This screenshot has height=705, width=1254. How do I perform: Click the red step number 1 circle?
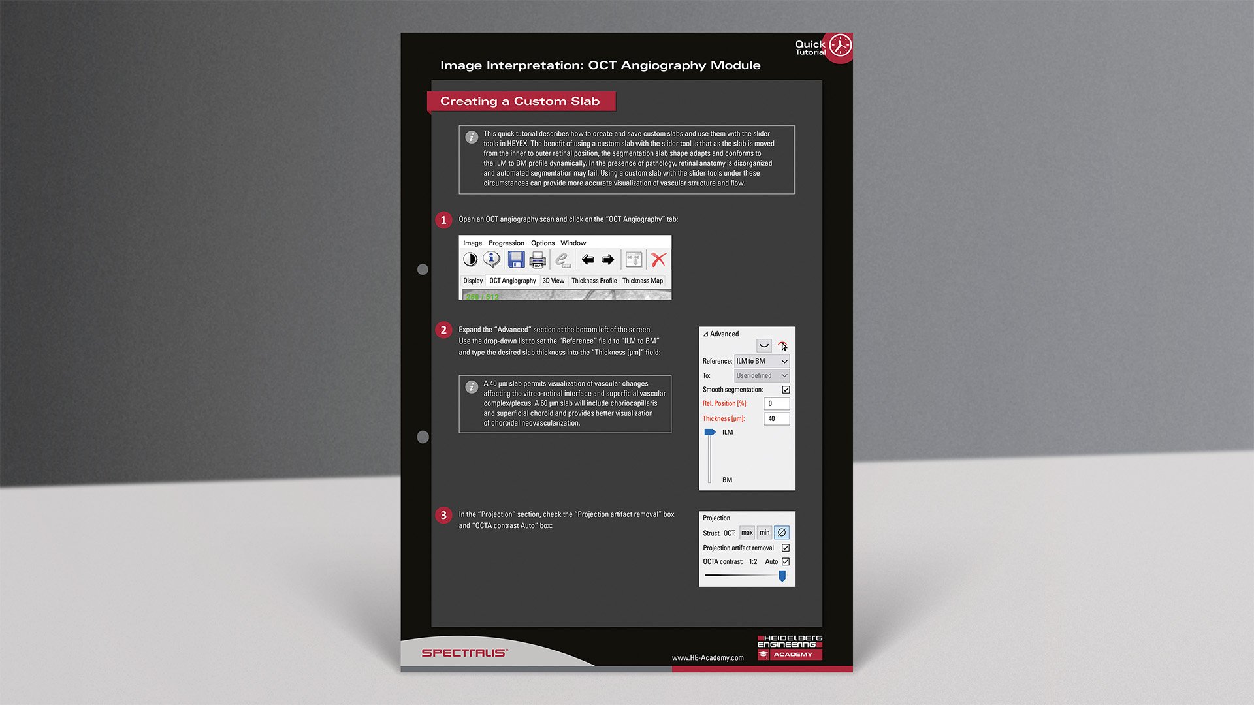[x=443, y=220]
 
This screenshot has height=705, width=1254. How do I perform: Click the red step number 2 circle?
[x=443, y=330]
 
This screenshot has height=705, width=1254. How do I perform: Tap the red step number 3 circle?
[x=443, y=515]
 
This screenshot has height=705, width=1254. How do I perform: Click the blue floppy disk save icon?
[x=516, y=260]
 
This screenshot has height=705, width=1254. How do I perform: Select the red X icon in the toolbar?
[x=658, y=260]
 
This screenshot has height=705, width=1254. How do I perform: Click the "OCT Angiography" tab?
[x=513, y=281]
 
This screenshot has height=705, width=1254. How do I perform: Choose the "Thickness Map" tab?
[x=643, y=281]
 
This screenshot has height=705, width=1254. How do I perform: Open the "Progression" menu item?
[x=506, y=243]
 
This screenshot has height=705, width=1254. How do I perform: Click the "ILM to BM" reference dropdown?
[x=762, y=361]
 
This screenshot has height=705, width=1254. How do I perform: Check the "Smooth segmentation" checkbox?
[x=786, y=390]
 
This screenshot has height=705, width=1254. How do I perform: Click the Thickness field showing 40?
[x=777, y=418]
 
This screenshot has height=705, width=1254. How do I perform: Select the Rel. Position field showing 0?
[x=777, y=403]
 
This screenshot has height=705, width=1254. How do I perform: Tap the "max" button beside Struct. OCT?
[x=747, y=533]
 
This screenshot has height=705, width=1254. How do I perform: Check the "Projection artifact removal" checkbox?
[x=786, y=548]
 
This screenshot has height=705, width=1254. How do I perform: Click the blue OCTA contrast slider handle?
[x=782, y=576]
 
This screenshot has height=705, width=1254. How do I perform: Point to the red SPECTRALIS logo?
[x=464, y=653]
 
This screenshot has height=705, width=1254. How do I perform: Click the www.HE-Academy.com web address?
[x=707, y=657]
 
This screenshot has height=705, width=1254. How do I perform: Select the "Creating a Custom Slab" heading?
[x=520, y=101]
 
